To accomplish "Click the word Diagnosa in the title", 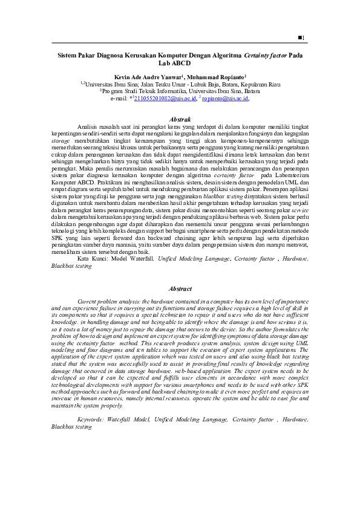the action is [x=110, y=54].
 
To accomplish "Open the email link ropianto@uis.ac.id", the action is [x=225, y=97].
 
